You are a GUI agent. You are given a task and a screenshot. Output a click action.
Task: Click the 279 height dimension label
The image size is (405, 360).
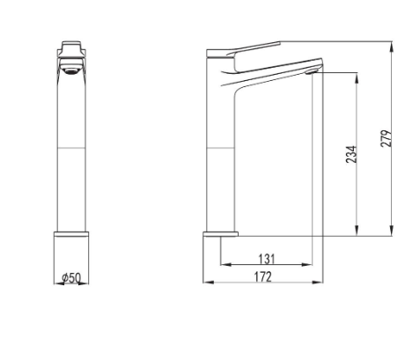387,138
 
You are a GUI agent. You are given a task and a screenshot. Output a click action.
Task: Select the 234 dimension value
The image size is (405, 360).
351,154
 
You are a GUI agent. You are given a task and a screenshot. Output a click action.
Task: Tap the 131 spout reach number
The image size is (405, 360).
267,259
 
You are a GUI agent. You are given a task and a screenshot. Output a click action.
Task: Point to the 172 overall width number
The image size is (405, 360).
263,276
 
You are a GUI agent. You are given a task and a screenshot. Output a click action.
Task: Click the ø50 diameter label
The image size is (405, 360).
71,277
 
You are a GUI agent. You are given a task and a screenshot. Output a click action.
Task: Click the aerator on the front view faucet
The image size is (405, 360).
71,71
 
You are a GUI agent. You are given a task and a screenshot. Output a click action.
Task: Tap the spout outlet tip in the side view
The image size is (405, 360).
311,71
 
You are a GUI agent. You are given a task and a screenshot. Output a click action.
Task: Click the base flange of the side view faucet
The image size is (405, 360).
221,234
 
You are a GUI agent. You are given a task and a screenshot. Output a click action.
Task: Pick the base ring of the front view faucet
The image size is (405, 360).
71,234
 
